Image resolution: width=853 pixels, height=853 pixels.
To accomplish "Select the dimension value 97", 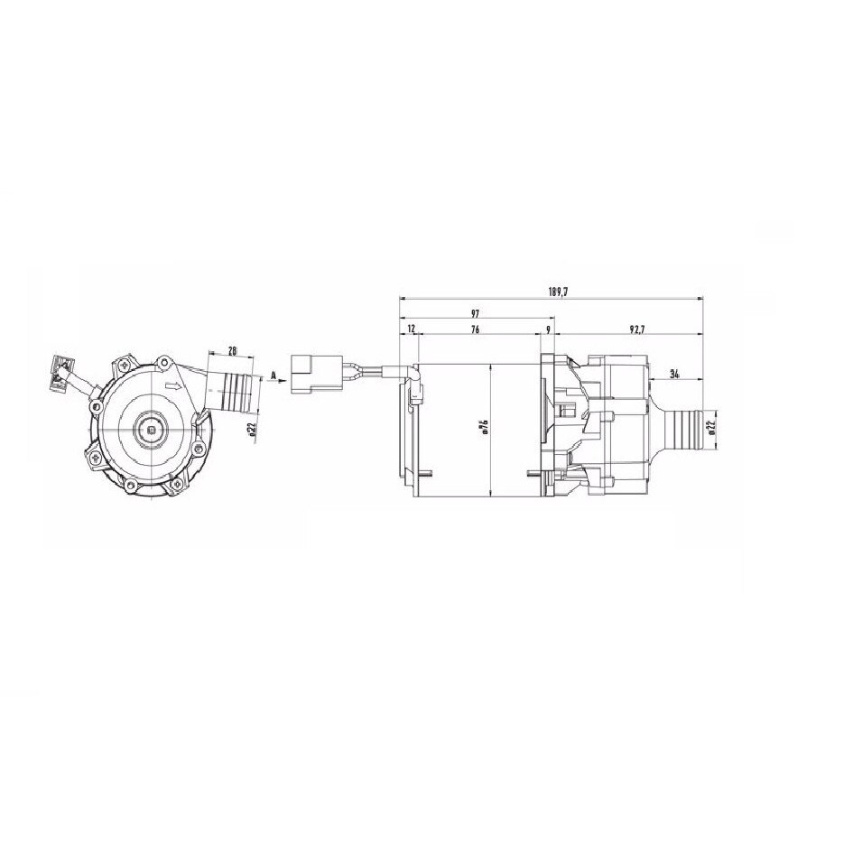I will (475, 312).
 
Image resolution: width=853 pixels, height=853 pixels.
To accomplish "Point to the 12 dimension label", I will (412, 330).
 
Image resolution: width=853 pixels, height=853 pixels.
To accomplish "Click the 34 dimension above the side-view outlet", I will (674, 373).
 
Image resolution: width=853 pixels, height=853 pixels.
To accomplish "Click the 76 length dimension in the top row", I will (475, 330).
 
